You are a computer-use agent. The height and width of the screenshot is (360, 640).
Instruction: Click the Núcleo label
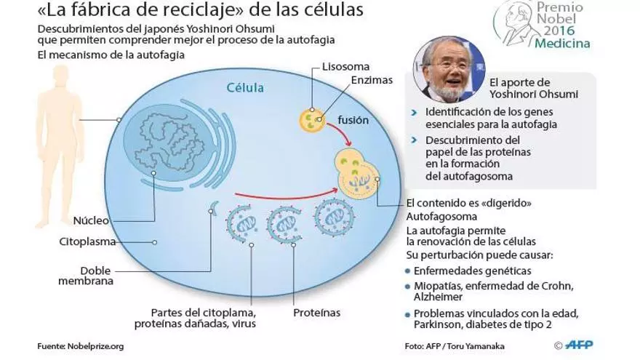pos(91,220)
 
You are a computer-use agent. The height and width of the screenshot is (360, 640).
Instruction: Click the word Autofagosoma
pos(441,217)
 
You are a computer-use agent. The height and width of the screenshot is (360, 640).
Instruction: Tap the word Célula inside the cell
pos(244,88)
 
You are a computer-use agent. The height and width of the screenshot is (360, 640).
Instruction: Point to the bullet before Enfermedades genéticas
pos(409,270)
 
